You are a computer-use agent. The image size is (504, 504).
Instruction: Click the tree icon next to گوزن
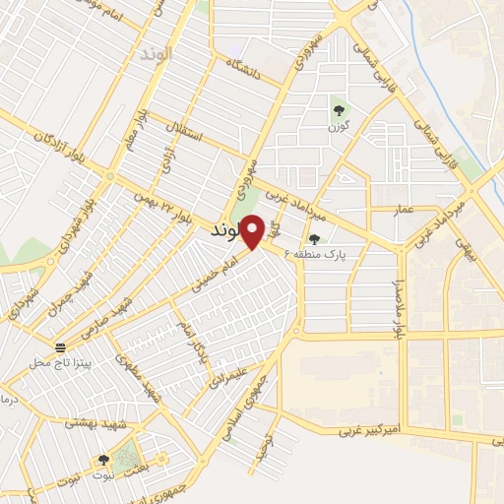click(340, 110)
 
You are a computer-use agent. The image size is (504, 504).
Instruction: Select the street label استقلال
click(185, 131)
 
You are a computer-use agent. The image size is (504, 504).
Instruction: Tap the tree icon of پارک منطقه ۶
click(315, 238)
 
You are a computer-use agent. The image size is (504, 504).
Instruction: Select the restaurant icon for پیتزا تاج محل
click(61, 347)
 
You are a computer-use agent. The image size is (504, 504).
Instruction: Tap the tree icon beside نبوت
click(103, 459)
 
